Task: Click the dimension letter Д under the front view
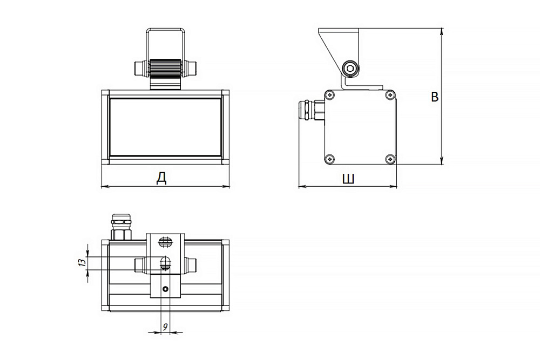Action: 161,178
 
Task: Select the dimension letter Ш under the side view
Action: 348,179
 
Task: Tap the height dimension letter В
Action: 435,97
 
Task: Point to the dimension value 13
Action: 82,263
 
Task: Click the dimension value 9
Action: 165,327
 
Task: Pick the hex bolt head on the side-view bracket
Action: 350,68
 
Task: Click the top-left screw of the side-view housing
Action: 330,94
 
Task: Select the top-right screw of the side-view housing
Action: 390,94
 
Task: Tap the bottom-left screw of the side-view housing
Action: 330,159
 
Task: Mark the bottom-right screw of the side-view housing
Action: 390,159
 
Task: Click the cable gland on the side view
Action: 312,110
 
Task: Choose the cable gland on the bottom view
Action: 120,227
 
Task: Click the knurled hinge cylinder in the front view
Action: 165,68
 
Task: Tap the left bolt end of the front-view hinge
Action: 141,68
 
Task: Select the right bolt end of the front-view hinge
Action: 190,68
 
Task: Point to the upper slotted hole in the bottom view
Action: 165,243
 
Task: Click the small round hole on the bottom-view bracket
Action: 166,288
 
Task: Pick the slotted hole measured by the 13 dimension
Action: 165,263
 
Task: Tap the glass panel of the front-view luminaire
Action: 165,127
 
